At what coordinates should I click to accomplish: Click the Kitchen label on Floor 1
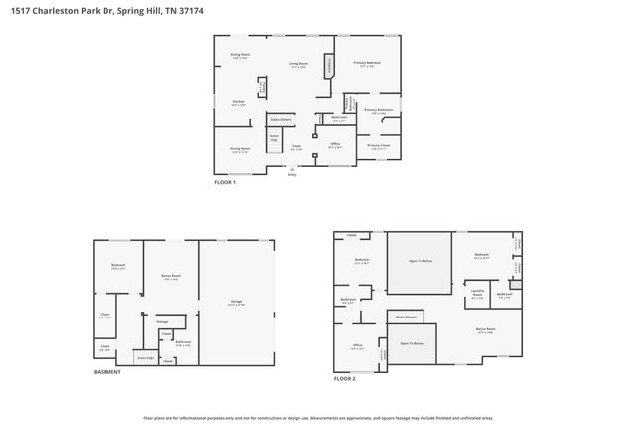click(x=238, y=101)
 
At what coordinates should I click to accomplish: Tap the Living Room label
click(x=297, y=64)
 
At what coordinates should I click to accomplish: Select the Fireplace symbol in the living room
click(x=330, y=67)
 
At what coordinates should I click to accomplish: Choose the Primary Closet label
click(x=377, y=145)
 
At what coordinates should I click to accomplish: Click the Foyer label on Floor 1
click(x=296, y=146)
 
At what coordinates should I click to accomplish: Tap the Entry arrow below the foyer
click(x=292, y=170)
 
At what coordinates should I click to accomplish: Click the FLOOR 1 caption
click(x=226, y=182)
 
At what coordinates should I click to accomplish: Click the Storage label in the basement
click(x=162, y=321)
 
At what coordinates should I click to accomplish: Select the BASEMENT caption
click(x=107, y=372)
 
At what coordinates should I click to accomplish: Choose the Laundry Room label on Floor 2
click(x=477, y=292)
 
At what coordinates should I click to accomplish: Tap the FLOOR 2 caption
click(x=345, y=379)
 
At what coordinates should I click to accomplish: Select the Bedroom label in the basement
click(x=117, y=265)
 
